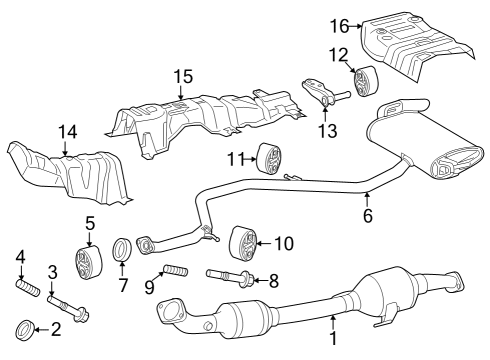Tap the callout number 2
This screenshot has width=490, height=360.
coord(56,327)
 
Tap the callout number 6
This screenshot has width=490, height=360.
coord(367,215)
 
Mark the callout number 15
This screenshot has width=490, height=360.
coord(181,76)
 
